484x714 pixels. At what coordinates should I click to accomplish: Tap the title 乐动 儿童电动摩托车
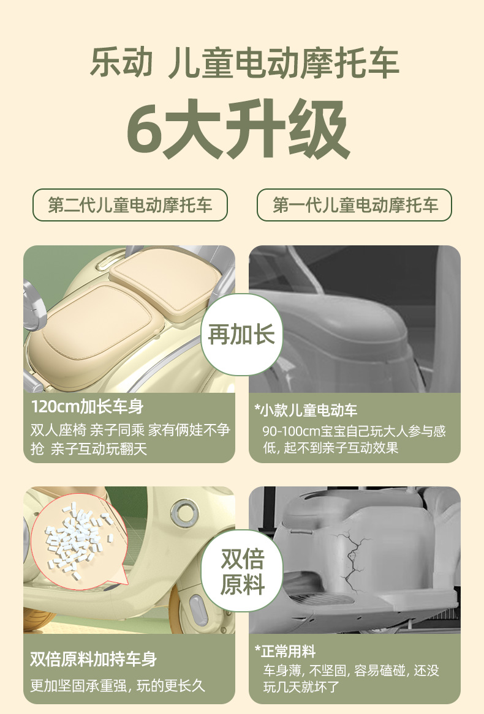coord(244,63)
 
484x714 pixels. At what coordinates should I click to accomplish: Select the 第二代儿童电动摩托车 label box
coord(130,205)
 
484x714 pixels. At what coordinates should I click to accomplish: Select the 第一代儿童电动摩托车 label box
coord(355,205)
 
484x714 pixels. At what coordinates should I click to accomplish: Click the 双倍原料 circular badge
coord(242,571)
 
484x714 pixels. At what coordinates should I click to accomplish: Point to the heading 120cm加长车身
coord(87,406)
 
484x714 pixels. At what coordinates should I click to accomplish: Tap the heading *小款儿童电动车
coord(306,409)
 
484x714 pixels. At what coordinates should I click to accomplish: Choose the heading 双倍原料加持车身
coord(93,659)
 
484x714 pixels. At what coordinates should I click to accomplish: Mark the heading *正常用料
coord(285,651)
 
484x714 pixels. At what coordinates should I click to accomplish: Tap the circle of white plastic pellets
coord(77,539)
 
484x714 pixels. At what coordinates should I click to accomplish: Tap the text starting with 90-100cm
coord(354,431)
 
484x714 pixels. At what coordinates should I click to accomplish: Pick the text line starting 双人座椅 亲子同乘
coord(130,430)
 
